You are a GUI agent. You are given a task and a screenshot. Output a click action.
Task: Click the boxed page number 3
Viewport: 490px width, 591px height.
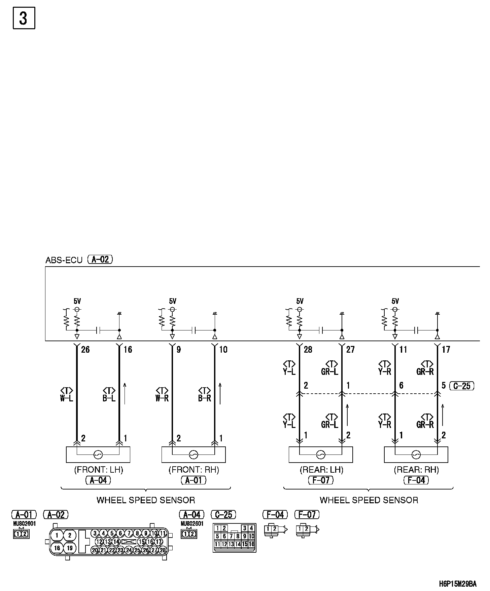(24, 18)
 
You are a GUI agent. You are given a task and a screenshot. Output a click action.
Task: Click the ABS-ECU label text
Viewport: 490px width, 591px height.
(64, 261)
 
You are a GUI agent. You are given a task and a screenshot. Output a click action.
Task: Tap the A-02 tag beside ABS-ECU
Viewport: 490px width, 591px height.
(100, 260)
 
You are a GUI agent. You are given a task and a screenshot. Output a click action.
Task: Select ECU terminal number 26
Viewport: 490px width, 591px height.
(85, 350)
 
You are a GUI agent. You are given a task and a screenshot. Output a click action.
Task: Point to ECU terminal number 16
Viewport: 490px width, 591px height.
(128, 350)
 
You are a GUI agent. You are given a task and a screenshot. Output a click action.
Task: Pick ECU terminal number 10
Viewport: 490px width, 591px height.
(223, 350)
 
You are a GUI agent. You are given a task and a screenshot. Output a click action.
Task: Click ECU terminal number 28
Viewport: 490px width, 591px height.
(308, 350)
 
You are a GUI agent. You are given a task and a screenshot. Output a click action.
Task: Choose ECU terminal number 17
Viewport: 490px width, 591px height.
(446, 350)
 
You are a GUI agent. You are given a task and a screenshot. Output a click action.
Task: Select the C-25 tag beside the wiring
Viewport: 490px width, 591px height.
(462, 386)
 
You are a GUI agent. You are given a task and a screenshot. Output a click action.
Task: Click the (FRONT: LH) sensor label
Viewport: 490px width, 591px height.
(98, 470)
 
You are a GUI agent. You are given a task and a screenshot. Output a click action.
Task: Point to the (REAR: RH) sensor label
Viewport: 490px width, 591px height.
(416, 470)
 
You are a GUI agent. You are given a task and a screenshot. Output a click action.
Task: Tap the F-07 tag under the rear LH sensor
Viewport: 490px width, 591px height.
(321, 480)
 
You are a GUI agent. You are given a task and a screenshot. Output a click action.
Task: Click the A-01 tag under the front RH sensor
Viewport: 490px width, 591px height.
(194, 480)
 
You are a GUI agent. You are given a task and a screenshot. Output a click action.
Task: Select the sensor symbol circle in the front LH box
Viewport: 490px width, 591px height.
(98, 455)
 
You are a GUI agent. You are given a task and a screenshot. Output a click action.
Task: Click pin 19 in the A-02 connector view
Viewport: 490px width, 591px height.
(70, 548)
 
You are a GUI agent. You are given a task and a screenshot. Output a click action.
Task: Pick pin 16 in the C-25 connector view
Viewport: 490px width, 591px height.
(251, 544)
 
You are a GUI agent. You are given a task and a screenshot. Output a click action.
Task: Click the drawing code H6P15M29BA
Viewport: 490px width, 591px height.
(458, 583)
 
